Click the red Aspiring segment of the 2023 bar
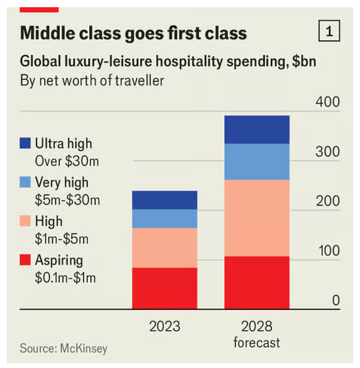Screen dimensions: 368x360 (165, 288)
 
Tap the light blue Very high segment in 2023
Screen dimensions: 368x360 (165, 219)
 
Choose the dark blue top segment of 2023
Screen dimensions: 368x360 (165, 200)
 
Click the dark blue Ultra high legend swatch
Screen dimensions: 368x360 (25, 143)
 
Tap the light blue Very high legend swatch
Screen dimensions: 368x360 (25, 182)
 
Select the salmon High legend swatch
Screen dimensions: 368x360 (25, 221)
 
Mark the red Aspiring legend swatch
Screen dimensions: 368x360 (25, 260)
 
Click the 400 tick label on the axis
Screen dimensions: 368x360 (328, 102)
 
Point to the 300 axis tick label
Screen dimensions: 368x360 (328, 152)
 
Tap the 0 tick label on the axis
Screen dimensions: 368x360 (336, 300)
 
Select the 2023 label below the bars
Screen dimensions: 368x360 (165, 326)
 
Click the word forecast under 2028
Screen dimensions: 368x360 (256, 343)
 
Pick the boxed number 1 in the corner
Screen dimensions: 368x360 (330, 32)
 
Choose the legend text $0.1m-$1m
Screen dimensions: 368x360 (66, 278)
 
